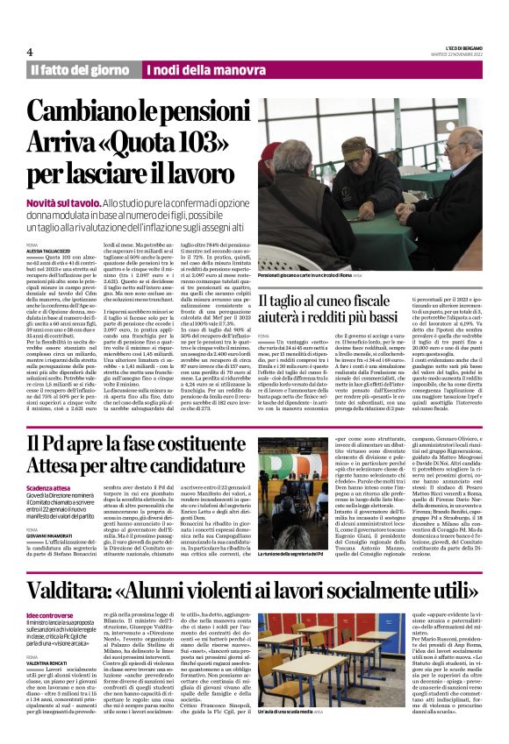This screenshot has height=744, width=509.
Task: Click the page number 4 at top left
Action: coord(30,52)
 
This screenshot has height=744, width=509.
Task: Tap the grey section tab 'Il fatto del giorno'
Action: coord(77,69)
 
